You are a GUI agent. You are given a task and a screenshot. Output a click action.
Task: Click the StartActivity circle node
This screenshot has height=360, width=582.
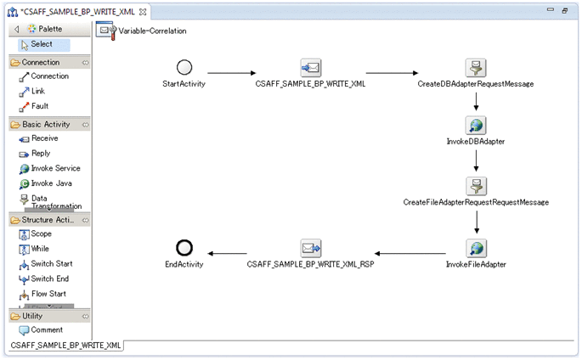pos(184,68)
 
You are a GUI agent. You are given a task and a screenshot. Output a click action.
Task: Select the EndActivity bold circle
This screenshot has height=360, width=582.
pos(184,247)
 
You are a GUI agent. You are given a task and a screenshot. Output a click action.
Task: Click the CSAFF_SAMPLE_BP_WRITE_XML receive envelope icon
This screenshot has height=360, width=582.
pos(310,68)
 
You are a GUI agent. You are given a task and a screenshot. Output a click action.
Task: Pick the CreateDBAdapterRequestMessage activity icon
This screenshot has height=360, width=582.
pos(476,68)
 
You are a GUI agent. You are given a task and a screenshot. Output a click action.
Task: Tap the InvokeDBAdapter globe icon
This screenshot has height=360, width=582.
pos(476,126)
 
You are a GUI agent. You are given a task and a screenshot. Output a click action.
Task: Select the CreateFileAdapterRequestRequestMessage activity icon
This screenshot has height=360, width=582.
pos(476,186)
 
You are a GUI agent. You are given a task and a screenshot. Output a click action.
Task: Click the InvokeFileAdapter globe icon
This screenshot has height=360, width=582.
pos(476,248)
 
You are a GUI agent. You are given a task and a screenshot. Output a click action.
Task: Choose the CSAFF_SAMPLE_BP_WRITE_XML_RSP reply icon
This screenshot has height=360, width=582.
pos(310,248)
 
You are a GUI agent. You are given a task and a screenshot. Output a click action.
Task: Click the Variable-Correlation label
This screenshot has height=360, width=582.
pos(152,31)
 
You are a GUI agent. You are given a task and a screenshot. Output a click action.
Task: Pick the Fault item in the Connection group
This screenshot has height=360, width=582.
pos(39,106)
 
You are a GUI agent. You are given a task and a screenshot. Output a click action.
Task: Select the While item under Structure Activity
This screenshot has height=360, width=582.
pos(40,249)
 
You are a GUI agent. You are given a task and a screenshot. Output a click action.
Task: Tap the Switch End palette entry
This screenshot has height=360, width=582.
pos(49,278)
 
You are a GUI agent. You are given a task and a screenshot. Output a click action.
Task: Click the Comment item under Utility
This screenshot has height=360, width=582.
pos(46,329)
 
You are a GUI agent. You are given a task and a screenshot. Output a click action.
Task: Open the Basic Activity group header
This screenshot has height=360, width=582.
pos(46,124)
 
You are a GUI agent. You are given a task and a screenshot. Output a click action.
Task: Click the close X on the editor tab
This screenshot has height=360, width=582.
pos(143,11)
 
